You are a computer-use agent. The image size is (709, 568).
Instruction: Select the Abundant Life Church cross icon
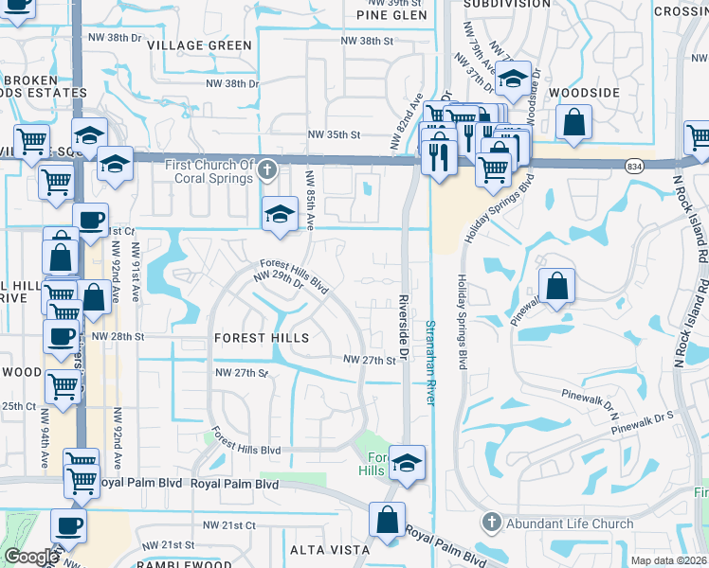coord(491,523)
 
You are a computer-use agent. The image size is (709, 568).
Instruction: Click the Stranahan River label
coord(429,363)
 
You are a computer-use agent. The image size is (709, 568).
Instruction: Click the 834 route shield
coord(634,165)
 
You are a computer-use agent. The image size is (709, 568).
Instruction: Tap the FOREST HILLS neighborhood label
coord(261,338)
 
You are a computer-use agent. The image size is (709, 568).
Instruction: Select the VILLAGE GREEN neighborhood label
coord(207,45)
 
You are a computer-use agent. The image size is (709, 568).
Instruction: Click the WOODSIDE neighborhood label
coord(584,93)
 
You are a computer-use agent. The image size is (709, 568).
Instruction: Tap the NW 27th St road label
coord(369,361)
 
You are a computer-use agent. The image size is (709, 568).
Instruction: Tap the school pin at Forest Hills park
coord(407,463)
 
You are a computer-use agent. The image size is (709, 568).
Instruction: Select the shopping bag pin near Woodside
coord(574,122)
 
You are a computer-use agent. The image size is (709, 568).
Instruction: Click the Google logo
coord(31,558)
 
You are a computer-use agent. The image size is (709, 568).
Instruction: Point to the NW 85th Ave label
coord(310,200)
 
